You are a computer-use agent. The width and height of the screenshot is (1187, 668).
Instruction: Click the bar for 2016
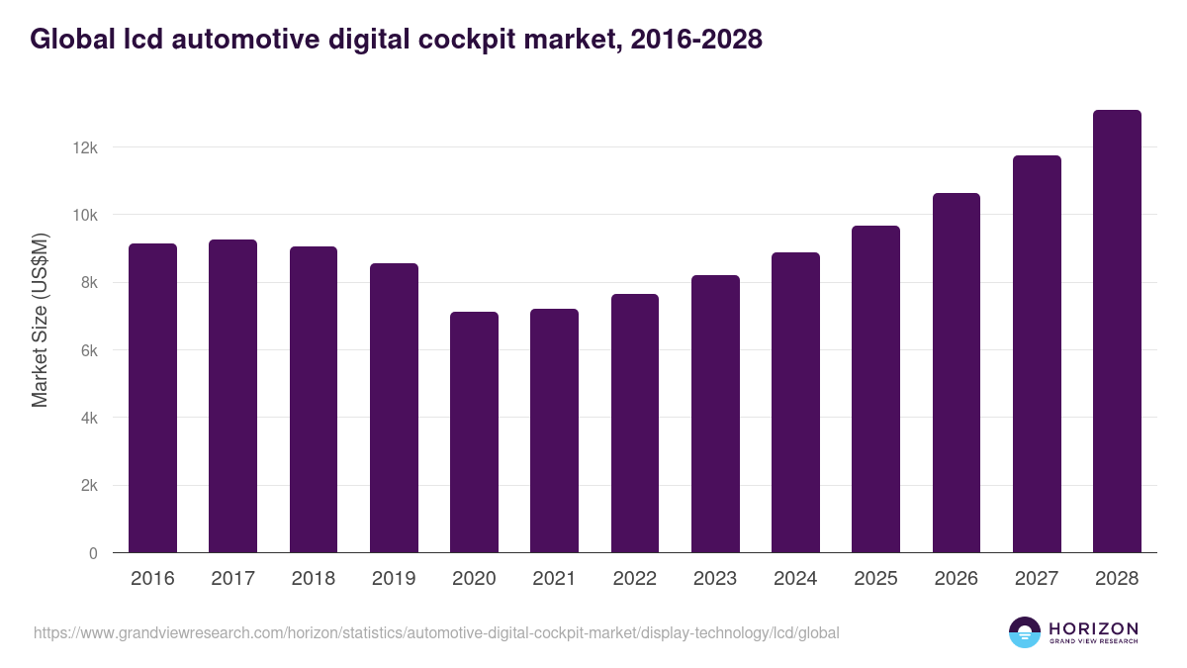point(152,398)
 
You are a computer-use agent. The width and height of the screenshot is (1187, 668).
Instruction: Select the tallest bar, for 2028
point(1117,332)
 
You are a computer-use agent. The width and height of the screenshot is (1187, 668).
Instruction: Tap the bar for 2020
point(474,432)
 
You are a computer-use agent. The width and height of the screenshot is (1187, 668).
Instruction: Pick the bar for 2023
point(715,414)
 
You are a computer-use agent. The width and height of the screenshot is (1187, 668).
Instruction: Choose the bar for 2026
point(956,373)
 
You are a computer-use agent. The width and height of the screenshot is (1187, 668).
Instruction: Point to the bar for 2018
point(314,400)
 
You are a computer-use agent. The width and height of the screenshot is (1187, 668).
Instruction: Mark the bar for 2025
point(875,389)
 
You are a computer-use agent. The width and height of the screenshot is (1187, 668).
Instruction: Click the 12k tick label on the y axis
point(85,147)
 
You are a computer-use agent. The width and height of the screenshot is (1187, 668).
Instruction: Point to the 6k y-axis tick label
point(89,350)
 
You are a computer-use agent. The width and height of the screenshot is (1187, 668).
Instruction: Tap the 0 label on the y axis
point(93,553)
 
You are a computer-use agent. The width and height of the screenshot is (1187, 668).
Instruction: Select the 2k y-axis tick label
point(89,486)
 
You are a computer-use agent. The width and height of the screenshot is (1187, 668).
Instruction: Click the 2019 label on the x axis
point(394,579)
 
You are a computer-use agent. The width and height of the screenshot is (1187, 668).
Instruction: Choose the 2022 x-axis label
point(634,579)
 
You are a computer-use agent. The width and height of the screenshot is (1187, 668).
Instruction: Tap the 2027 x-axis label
point(1037,579)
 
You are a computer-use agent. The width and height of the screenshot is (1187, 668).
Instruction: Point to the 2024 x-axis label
point(795,579)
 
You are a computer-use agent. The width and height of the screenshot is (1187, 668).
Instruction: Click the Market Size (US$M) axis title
point(40,320)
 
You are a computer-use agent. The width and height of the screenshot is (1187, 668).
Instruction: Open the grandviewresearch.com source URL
point(436,632)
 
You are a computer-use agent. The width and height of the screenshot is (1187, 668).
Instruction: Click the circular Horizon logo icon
point(1025,632)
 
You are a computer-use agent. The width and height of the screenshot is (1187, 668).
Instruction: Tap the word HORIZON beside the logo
point(1093,628)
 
